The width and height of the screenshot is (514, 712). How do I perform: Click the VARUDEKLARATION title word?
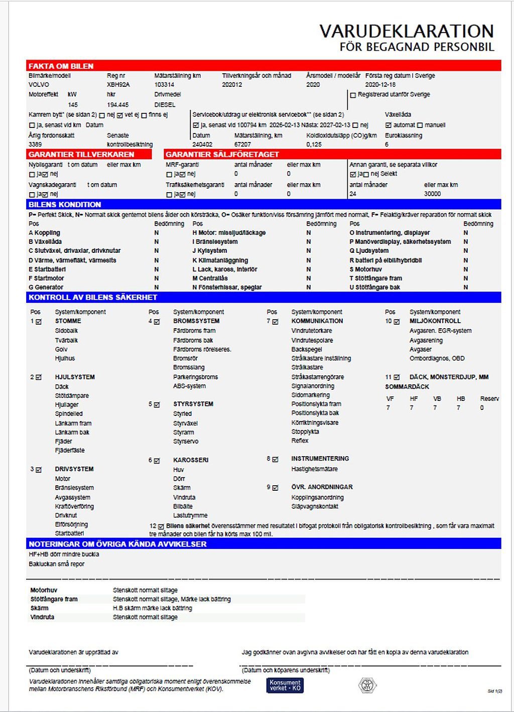point(407,31)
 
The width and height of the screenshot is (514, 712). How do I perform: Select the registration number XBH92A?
point(118,85)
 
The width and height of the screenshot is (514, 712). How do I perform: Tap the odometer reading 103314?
point(165,85)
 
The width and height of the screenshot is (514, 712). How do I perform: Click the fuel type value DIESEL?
point(165,105)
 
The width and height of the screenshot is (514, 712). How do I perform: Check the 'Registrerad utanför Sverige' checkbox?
point(353,95)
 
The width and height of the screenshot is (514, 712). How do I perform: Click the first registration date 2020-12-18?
point(380,85)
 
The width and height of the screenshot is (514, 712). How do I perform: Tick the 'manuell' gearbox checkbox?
point(420,125)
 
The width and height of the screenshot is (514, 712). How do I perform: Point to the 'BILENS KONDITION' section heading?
point(65,205)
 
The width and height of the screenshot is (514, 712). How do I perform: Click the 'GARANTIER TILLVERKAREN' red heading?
point(81,155)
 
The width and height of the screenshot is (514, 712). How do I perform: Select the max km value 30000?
point(432,194)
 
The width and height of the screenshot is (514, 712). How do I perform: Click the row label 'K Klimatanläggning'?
point(220,260)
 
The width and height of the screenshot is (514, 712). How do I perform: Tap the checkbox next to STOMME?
point(39,322)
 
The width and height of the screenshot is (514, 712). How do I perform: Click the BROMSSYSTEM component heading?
point(196,321)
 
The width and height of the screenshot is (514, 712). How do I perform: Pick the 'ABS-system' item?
point(189,386)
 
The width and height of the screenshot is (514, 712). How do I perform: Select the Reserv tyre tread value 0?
point(482,408)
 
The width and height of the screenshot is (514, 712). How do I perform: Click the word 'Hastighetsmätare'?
point(314,469)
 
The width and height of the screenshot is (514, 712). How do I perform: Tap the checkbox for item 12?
point(161,526)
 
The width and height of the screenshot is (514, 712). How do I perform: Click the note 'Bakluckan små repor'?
point(56,564)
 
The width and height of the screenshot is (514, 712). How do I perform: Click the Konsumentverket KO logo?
point(285,685)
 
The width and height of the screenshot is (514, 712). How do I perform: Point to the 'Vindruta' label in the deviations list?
point(42,617)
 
